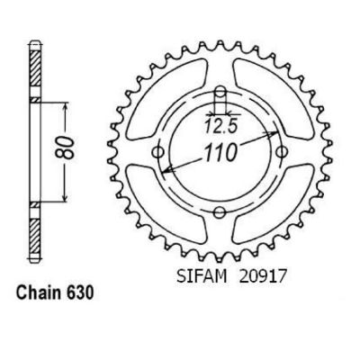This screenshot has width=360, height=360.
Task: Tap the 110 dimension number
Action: (220, 153)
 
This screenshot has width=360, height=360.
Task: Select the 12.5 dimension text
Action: (221, 127)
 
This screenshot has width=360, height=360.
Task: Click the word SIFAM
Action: (202, 276)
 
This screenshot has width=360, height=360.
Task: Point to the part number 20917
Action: (261, 276)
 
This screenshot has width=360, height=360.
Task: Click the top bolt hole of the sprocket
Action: (220, 91)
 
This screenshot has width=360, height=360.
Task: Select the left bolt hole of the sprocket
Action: (158, 152)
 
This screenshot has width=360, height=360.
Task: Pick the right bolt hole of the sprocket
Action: (281, 152)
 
